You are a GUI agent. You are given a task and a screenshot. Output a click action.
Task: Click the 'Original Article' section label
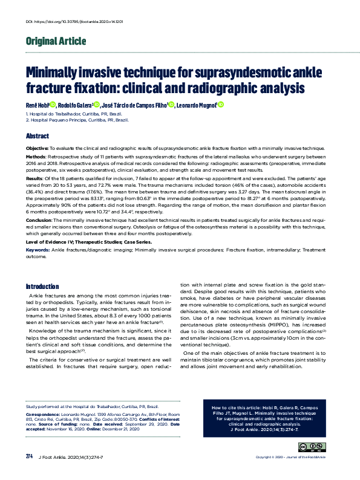click(55, 42)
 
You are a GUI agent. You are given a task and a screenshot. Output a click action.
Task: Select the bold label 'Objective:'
click(37, 148)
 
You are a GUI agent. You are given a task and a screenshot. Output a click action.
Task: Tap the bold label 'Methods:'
click(36, 156)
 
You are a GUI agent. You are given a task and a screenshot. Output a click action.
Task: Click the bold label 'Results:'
click(35, 179)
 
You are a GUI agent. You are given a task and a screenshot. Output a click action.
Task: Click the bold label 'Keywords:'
click(38, 248)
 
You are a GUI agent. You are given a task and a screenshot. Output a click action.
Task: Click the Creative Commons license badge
click(307, 448)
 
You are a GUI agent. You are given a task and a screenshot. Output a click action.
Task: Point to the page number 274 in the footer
click(29, 472)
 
